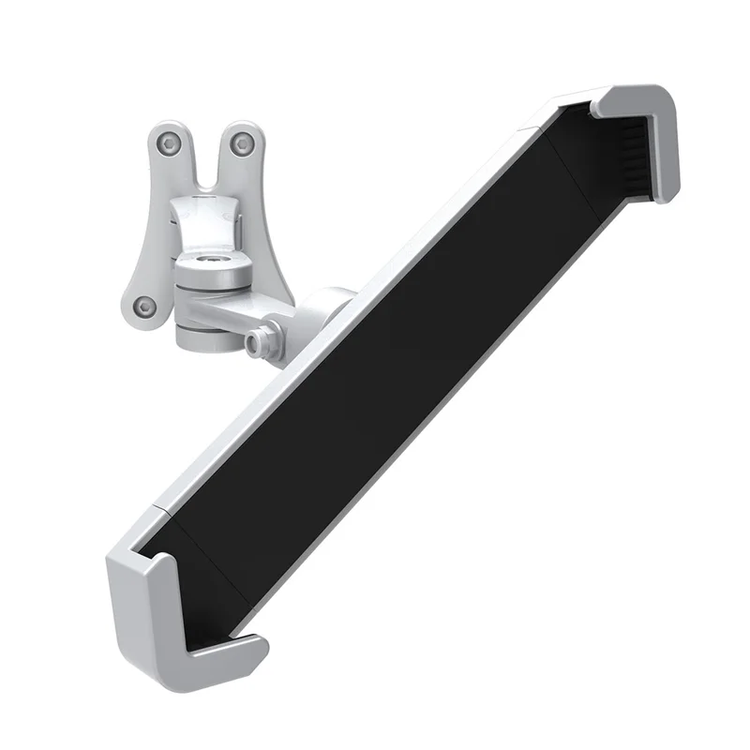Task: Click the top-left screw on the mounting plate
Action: [169, 143]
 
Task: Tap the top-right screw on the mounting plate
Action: [242, 143]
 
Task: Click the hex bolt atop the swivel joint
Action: [211, 255]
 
